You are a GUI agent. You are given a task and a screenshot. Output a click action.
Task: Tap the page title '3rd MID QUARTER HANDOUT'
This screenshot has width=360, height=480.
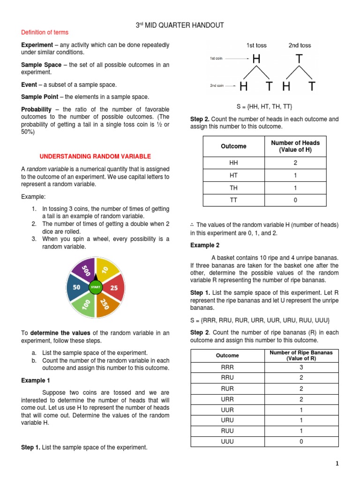(180, 24)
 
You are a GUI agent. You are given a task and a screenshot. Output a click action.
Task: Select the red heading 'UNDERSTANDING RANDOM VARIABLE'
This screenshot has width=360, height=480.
(95, 156)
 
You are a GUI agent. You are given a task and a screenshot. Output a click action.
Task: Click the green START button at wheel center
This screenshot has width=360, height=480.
(95, 286)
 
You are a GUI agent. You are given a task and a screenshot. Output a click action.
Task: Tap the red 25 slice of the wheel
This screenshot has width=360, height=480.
(114, 287)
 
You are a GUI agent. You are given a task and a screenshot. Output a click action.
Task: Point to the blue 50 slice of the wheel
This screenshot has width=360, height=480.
(76, 287)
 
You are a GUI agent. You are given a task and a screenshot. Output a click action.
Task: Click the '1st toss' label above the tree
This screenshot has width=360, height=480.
(256, 45)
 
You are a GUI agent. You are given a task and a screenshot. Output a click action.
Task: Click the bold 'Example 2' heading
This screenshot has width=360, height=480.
(205, 245)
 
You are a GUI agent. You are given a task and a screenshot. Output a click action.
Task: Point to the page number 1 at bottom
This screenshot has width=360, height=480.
(336, 464)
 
